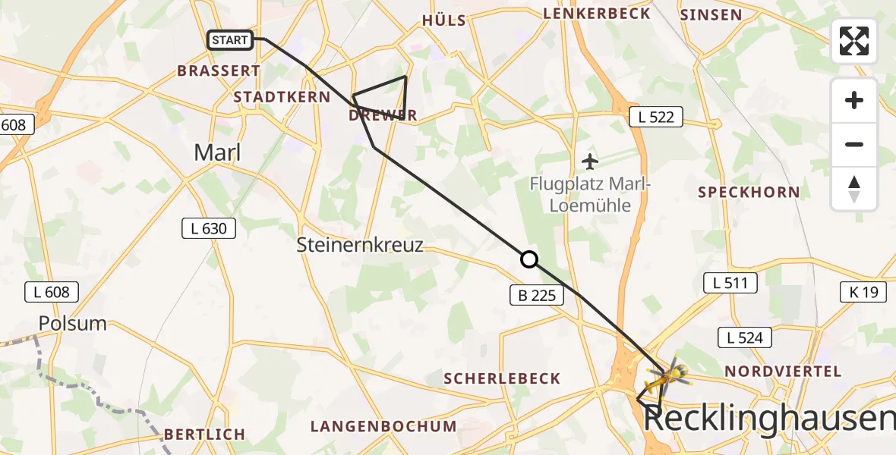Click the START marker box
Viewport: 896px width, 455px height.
click(230, 40)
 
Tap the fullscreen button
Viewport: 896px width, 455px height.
click(854, 41)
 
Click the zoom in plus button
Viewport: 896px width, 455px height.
click(854, 100)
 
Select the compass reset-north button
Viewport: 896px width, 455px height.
click(854, 189)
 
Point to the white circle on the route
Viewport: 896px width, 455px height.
click(529, 259)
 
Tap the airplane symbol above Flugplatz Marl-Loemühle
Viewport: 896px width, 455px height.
click(590, 161)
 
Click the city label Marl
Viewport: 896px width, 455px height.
click(217, 152)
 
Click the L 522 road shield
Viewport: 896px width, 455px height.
click(656, 116)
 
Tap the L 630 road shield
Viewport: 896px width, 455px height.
click(209, 227)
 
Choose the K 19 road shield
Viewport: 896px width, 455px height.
click(863, 291)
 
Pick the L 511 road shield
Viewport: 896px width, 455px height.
click(730, 284)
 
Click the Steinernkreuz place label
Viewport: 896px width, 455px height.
click(360, 245)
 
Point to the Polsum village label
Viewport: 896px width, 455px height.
click(74, 323)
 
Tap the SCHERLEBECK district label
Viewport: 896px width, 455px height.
click(502, 378)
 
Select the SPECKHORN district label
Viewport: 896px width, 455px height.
click(749, 192)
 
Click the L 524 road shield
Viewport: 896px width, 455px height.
click(745, 337)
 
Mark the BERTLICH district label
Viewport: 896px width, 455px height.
click(204, 435)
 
